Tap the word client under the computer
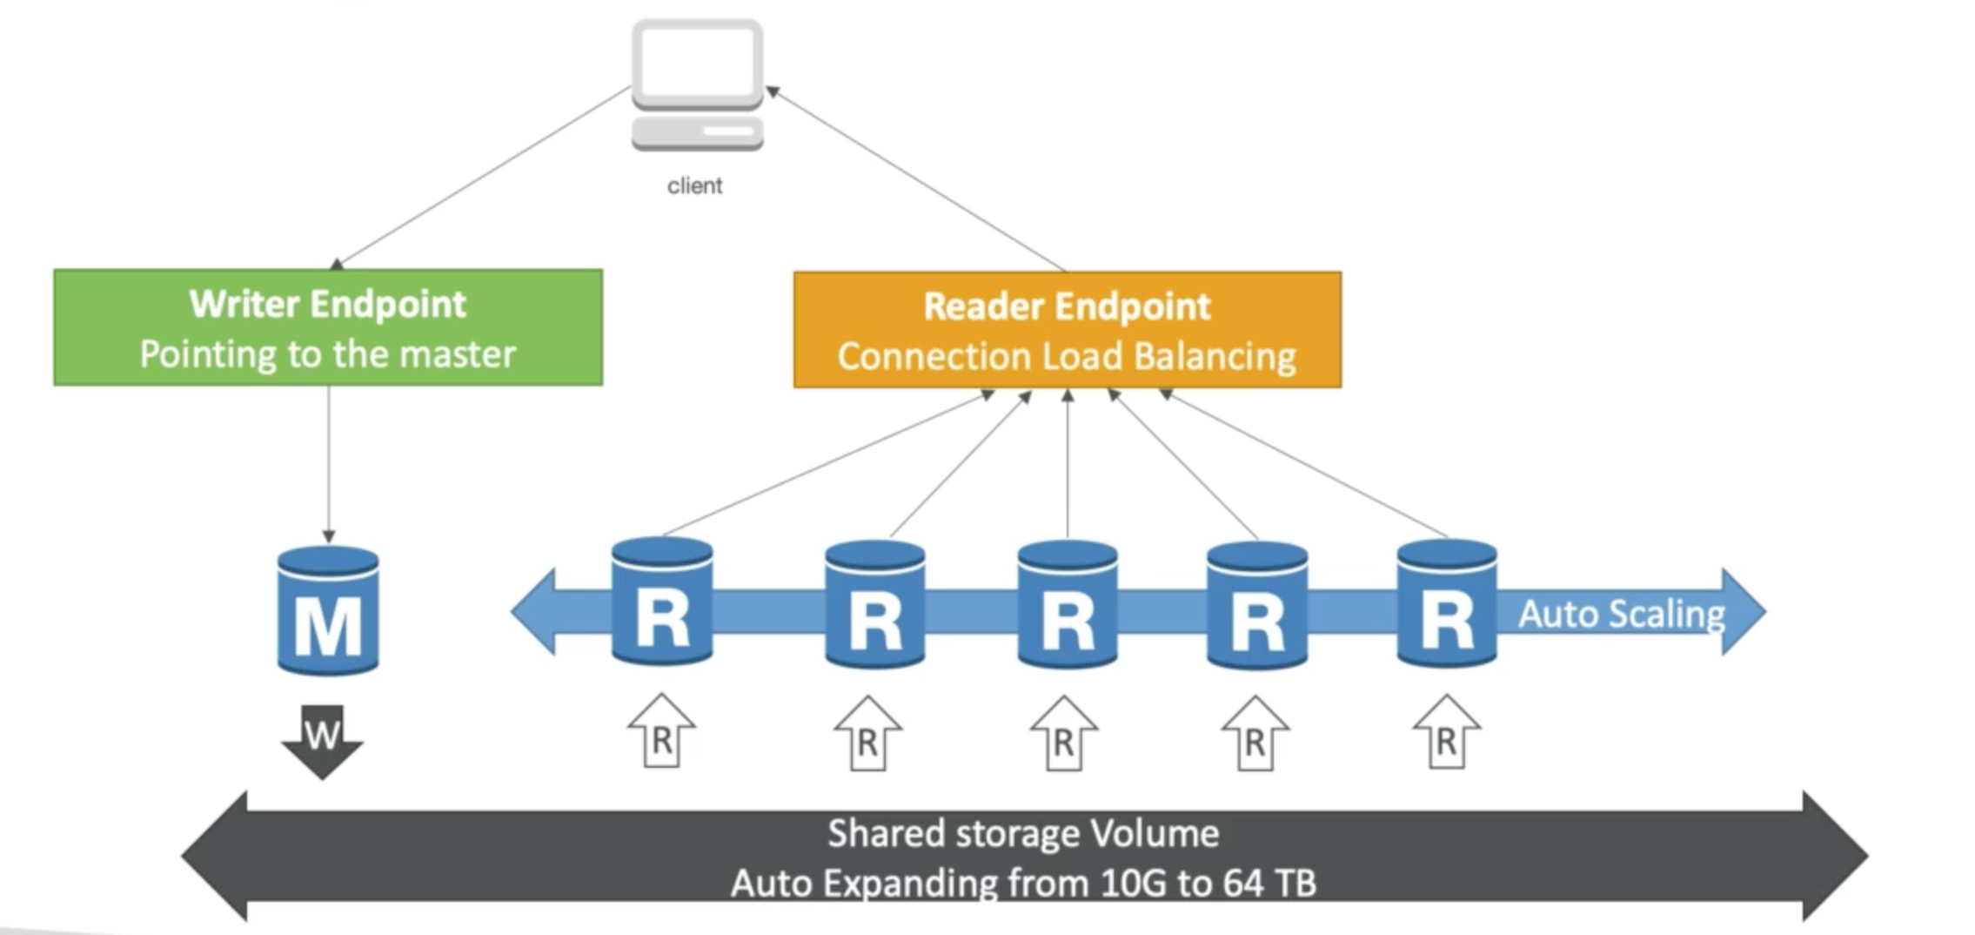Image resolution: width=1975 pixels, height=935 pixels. (x=694, y=185)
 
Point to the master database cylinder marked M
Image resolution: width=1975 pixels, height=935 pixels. (x=328, y=611)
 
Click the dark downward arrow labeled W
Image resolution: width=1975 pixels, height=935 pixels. (x=322, y=741)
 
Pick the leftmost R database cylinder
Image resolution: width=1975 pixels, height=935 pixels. (x=662, y=602)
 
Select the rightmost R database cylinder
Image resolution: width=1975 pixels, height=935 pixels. (x=1446, y=604)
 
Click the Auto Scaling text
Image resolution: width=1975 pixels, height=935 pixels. (x=1621, y=614)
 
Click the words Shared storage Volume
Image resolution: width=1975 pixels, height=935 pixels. (x=1022, y=833)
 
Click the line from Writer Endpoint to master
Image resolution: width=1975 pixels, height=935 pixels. (x=329, y=461)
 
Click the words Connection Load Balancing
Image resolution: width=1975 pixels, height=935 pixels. (x=1067, y=357)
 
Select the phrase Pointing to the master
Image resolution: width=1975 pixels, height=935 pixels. (x=328, y=354)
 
